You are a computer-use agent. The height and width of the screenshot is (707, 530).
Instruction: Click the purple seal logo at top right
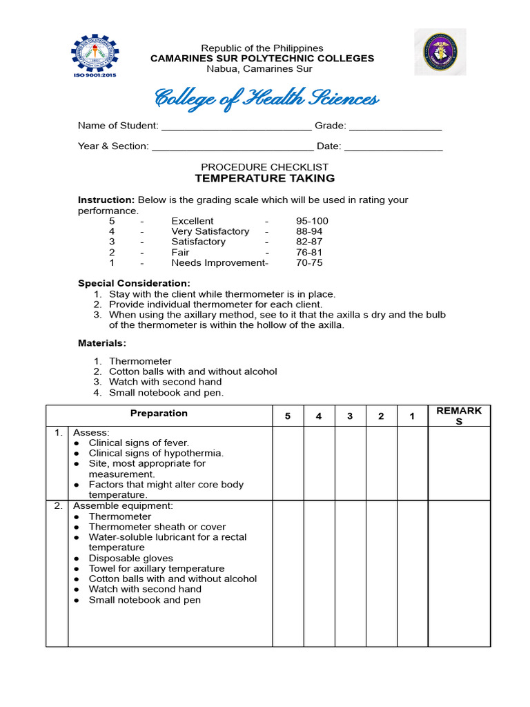pyautogui.click(x=440, y=53)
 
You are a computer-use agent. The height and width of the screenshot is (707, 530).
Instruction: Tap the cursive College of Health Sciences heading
pyautogui.click(x=266, y=99)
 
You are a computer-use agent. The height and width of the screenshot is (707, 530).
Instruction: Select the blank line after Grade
pyautogui.click(x=395, y=127)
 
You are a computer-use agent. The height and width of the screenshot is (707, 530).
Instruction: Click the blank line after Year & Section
pyautogui.click(x=232, y=147)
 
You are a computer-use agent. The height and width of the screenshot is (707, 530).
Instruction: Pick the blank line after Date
pyautogui.click(x=393, y=147)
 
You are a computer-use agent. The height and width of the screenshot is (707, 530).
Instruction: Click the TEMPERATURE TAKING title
pyautogui.click(x=264, y=178)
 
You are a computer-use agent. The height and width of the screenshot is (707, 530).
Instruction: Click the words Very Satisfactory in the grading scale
pyautogui.click(x=210, y=231)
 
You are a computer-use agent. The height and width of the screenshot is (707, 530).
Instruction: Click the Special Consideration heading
pyautogui.click(x=133, y=283)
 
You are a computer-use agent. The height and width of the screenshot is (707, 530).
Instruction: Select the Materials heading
pyautogui.click(x=102, y=343)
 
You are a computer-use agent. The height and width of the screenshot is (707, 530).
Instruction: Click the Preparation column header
pyautogui.click(x=158, y=414)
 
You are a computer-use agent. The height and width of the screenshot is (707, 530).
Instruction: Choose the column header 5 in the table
pyautogui.click(x=287, y=416)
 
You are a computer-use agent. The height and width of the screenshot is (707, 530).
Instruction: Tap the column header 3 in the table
pyautogui.click(x=350, y=416)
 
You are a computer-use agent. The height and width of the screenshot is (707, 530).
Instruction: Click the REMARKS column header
pyautogui.click(x=459, y=416)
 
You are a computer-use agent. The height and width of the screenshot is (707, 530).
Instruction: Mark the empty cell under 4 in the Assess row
pyautogui.click(x=319, y=463)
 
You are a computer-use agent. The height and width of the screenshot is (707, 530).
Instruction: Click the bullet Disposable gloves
pyautogui.click(x=130, y=558)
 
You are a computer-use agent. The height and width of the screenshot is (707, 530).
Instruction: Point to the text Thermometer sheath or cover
pyautogui.click(x=157, y=527)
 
